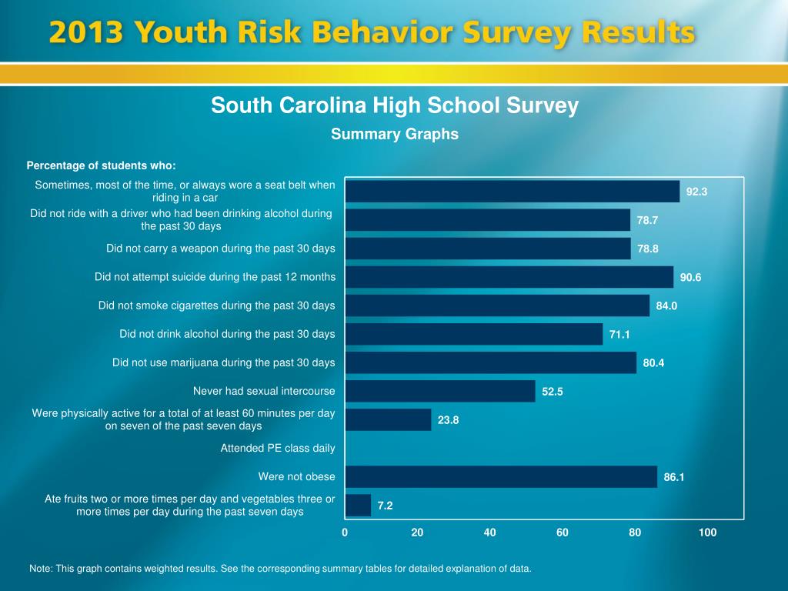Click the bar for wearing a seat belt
513,191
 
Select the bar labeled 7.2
359,506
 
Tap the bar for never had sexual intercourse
440,391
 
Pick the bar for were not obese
502,476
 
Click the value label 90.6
690,277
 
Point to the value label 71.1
619,335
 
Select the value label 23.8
448,420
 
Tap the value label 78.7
647,220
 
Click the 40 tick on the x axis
490,533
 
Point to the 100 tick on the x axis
707,533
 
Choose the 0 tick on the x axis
346,533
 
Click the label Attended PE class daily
278,448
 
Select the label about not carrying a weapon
221,249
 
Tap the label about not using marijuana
224,362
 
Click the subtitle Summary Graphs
395,134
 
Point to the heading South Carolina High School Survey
395,105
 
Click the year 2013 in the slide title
86,34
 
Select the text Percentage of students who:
102,165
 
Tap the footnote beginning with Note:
280,569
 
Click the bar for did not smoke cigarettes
498,306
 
